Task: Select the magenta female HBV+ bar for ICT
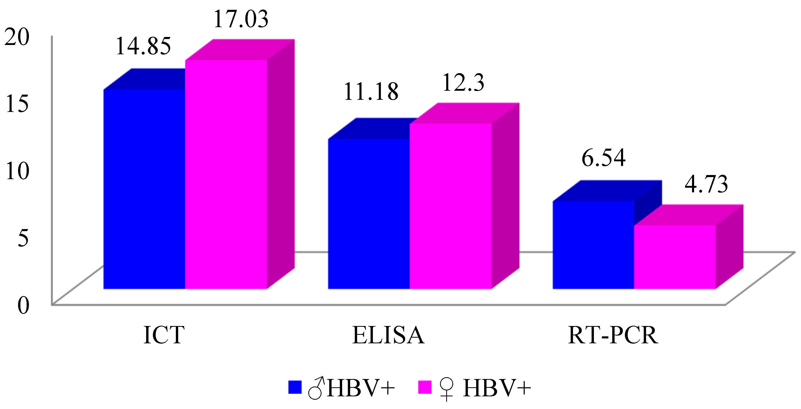(x=226, y=174)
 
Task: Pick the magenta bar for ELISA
(x=451, y=206)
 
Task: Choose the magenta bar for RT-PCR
(x=675, y=257)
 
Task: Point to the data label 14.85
(x=143, y=46)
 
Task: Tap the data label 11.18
(x=371, y=92)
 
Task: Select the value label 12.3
(x=463, y=83)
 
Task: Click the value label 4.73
(x=706, y=184)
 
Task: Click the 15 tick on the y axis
(x=17, y=104)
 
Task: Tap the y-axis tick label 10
(x=17, y=171)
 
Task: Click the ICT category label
(x=164, y=335)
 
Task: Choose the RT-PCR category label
(x=613, y=335)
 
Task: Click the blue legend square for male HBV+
(x=295, y=387)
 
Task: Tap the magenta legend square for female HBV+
(x=425, y=387)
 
